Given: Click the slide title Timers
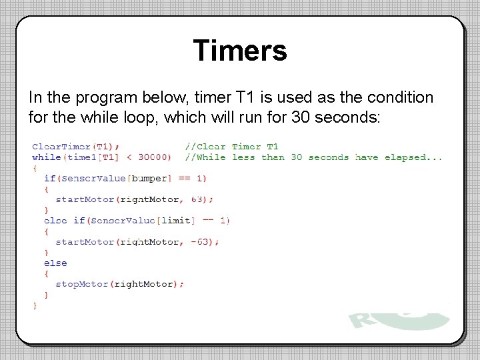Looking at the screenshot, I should [x=240, y=51].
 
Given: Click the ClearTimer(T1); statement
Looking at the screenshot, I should [x=76, y=147].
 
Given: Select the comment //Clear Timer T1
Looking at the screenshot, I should [x=231, y=147].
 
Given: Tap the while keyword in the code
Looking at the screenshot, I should [x=46, y=157].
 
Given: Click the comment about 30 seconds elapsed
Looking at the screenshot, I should [x=313, y=157].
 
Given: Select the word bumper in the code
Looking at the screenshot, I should [x=150, y=178].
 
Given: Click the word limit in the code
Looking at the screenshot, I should [x=177, y=220].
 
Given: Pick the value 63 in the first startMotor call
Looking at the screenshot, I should [x=198, y=199].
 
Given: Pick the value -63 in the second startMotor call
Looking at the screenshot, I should [x=201, y=241].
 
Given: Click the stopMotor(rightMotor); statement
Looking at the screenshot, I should [x=119, y=284].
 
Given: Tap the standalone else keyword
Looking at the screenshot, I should [x=55, y=263].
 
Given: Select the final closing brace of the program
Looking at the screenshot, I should [x=35, y=305].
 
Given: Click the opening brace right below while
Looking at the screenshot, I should [x=35, y=168].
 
